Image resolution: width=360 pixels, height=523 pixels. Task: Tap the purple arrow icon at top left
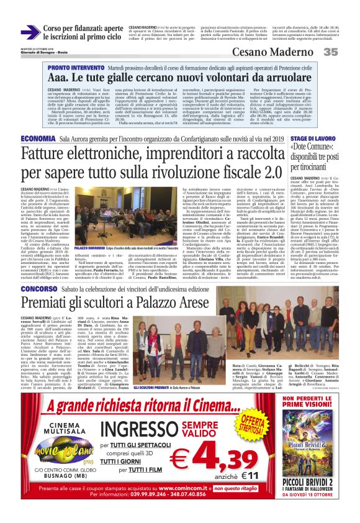30,32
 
